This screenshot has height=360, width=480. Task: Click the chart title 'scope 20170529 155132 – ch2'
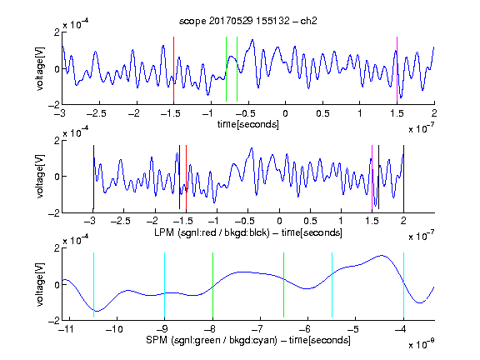point(248,21)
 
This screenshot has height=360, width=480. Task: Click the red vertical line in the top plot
point(173,69)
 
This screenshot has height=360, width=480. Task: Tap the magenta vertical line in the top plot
point(397,69)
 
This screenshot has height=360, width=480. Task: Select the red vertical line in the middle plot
point(186,177)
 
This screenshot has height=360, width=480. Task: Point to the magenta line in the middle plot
point(372,177)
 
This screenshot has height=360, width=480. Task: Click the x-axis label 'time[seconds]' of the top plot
point(248,124)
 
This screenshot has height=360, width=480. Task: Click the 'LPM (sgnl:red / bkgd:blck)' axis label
point(212,232)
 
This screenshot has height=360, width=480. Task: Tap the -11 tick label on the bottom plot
point(66,329)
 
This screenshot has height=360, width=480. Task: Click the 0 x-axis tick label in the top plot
point(285,113)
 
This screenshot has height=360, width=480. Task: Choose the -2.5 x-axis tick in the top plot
point(96,113)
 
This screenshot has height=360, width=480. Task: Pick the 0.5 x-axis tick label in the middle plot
point(310,221)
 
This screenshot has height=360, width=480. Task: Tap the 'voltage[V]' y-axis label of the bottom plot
point(40,284)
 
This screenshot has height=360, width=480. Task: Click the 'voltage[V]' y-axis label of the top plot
point(40,69)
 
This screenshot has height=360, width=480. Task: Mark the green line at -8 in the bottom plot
point(212,285)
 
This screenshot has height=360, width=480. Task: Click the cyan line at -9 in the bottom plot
point(164,285)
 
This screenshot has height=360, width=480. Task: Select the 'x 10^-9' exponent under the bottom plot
point(422,344)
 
